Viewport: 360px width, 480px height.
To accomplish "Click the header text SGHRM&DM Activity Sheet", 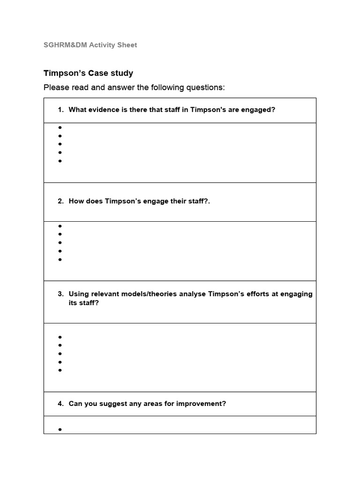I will click(90, 45).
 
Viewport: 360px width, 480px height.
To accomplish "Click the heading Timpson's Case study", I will click(88, 73).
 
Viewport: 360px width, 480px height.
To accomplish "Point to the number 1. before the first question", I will click(61, 110).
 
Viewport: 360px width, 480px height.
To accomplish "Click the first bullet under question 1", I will click(60, 127).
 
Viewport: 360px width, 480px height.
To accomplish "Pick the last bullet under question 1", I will click(60, 161).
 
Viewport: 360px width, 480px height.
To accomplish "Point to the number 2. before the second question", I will click(61, 201).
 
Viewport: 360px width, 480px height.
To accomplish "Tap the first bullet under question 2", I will click(60, 226).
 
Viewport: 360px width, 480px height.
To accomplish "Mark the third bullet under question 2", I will click(60, 242).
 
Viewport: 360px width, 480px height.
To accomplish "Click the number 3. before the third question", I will click(61, 294).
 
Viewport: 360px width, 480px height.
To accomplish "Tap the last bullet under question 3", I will click(60, 370).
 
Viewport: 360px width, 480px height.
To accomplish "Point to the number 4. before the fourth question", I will click(61, 404).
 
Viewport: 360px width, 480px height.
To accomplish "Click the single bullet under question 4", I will click(60, 429).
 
